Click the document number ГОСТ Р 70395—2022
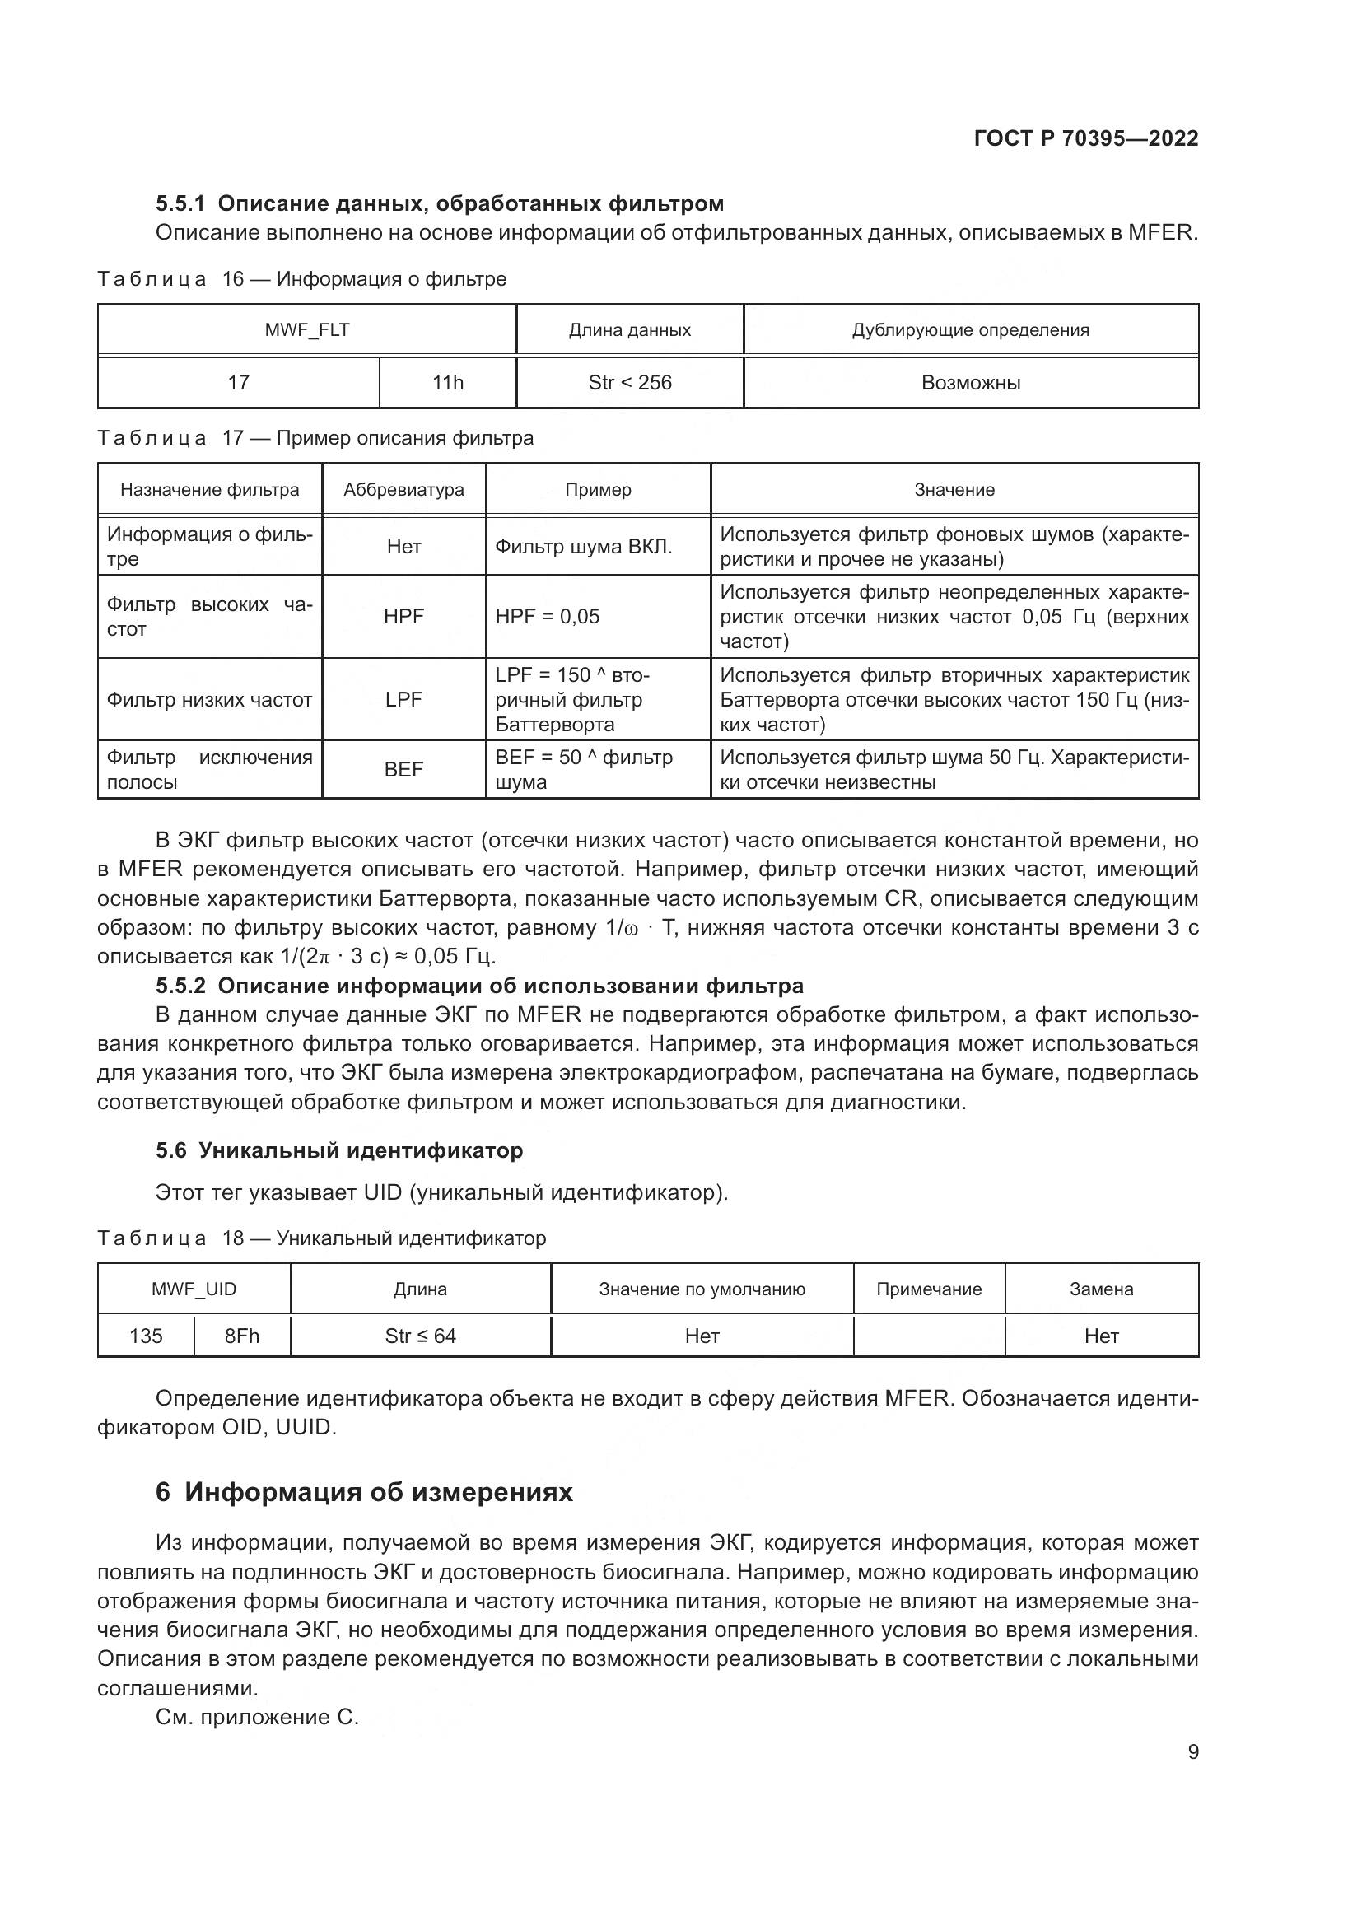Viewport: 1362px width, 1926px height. tap(1086, 138)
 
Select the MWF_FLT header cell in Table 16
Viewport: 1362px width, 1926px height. tap(307, 329)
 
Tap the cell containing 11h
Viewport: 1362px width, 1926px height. tap(447, 383)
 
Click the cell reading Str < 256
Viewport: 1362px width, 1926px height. tap(630, 383)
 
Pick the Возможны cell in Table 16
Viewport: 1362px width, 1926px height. tap(970, 383)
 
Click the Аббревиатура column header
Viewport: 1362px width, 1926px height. tap(403, 489)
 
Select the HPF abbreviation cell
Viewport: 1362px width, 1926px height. tap(403, 616)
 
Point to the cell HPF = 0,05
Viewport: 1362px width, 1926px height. tap(548, 616)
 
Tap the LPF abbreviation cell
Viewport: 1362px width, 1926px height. tap(403, 699)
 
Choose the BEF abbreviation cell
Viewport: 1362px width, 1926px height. tap(403, 768)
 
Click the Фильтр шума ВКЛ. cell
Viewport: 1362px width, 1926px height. tap(584, 546)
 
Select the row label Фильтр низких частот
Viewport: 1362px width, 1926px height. tap(210, 699)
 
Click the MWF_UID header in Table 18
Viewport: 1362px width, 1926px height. tap(194, 1289)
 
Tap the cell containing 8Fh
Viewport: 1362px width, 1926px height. tap(241, 1336)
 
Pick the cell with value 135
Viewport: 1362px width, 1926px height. tap(146, 1336)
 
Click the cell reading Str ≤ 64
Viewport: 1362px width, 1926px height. tap(420, 1336)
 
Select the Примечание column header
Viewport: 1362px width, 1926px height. tap(928, 1289)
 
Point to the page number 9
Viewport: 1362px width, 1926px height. tap(1193, 1751)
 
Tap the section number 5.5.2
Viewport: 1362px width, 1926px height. tap(180, 985)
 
